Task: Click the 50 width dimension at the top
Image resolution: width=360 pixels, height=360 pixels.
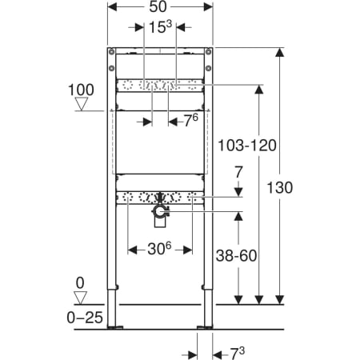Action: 158,6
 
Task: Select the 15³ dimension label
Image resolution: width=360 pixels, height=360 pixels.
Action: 160,26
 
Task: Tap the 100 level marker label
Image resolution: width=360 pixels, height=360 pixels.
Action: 81,90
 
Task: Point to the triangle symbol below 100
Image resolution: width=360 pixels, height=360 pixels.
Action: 82,104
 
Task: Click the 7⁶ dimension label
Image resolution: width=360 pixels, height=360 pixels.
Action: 191,121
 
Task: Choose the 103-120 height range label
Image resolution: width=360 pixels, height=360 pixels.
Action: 247,146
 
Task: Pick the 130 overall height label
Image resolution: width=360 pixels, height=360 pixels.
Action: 280,187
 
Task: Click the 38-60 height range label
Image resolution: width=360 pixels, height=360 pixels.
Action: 236,255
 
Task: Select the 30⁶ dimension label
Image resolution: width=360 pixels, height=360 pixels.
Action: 159,249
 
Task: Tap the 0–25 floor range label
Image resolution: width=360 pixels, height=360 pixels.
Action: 85,318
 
